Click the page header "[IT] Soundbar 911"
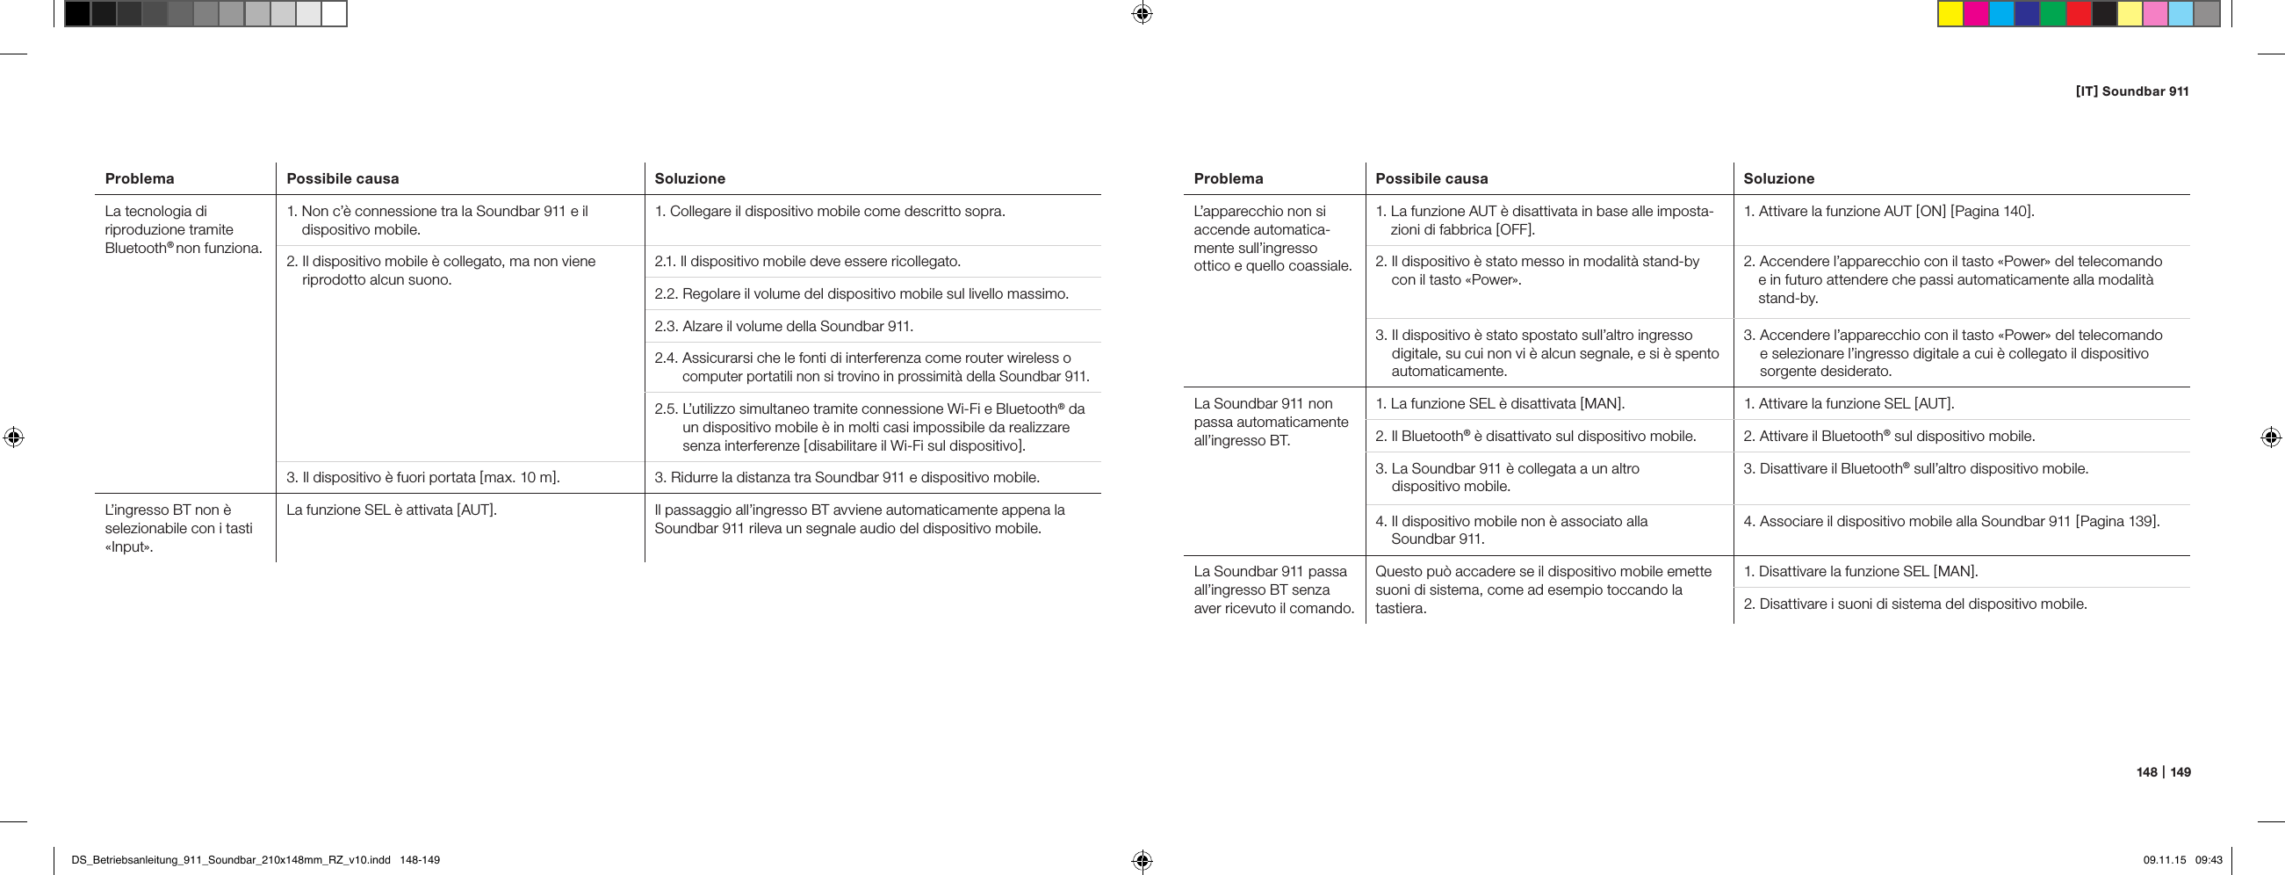2131,91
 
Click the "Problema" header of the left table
140,178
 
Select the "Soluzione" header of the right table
1778,178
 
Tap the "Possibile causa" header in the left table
342,178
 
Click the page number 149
2180,772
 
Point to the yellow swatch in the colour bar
1950,14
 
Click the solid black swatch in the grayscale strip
77,14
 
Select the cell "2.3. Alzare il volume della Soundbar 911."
784,327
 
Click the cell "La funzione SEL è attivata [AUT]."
391,510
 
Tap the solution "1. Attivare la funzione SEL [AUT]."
1849,404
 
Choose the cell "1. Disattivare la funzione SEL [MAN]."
1860,572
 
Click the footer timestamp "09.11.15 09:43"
2182,860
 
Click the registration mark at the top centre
1142,14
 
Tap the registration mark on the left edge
13,437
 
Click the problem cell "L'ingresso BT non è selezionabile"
178,528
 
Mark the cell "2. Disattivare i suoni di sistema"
1915,604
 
